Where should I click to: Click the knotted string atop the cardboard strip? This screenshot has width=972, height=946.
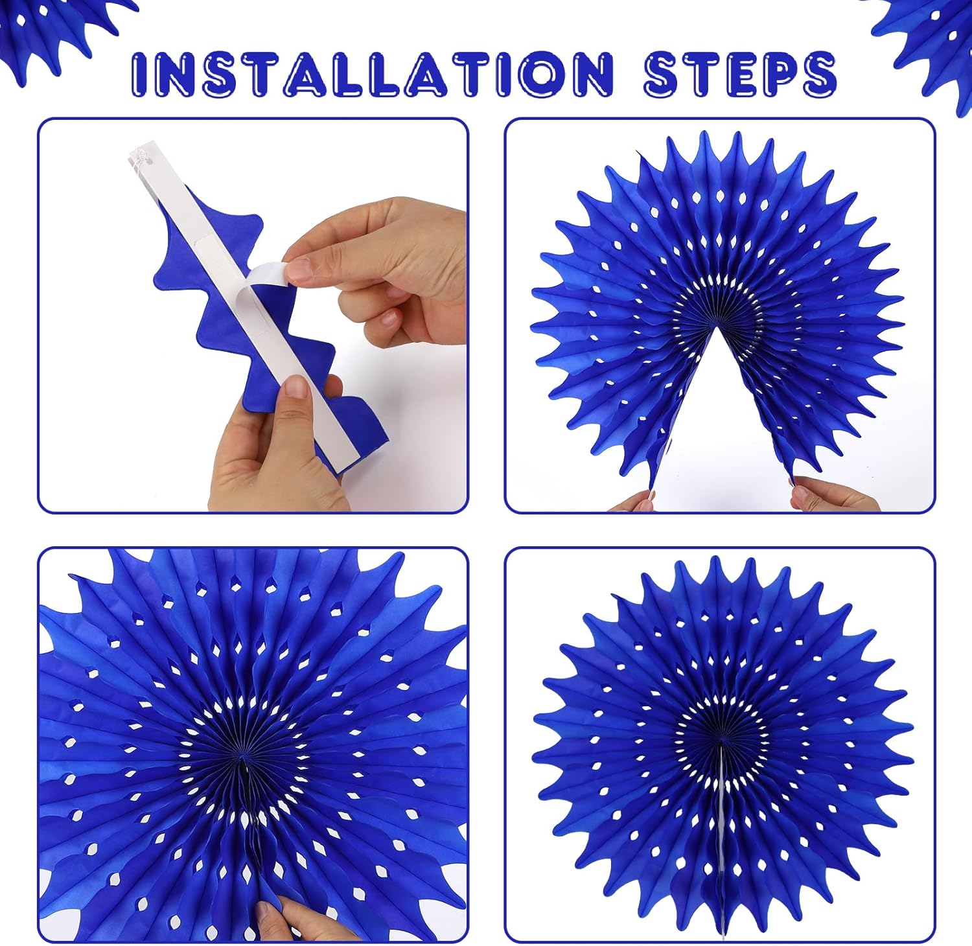pos(138,158)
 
